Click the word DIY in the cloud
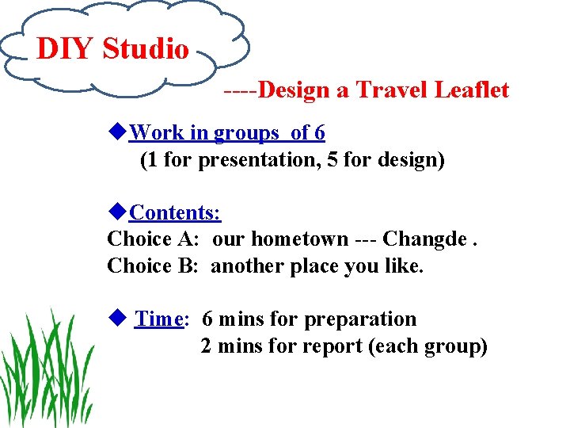pyautogui.click(x=66, y=49)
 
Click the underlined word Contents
pyautogui.click(x=175, y=212)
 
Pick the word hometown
pyautogui.click(x=294, y=239)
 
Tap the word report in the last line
pyautogui.click(x=333, y=346)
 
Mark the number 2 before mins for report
pyautogui.click(x=207, y=346)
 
